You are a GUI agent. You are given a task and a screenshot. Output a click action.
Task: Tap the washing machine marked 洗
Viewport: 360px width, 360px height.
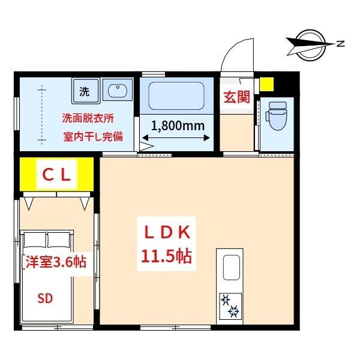[x=85, y=92]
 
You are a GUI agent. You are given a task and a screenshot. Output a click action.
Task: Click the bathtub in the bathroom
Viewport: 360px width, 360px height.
[x=176, y=95]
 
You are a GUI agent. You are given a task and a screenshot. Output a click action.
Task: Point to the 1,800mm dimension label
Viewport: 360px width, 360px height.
[x=178, y=126]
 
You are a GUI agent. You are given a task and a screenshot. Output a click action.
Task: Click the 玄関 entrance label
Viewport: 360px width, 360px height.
[x=236, y=98]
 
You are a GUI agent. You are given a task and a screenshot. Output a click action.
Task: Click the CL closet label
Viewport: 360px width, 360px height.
[x=56, y=175]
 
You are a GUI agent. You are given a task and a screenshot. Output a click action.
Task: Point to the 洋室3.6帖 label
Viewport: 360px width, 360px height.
[x=55, y=262]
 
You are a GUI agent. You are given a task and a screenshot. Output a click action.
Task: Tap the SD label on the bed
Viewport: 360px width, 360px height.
[x=44, y=298]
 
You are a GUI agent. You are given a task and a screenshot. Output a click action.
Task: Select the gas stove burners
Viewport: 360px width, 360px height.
[x=230, y=305]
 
